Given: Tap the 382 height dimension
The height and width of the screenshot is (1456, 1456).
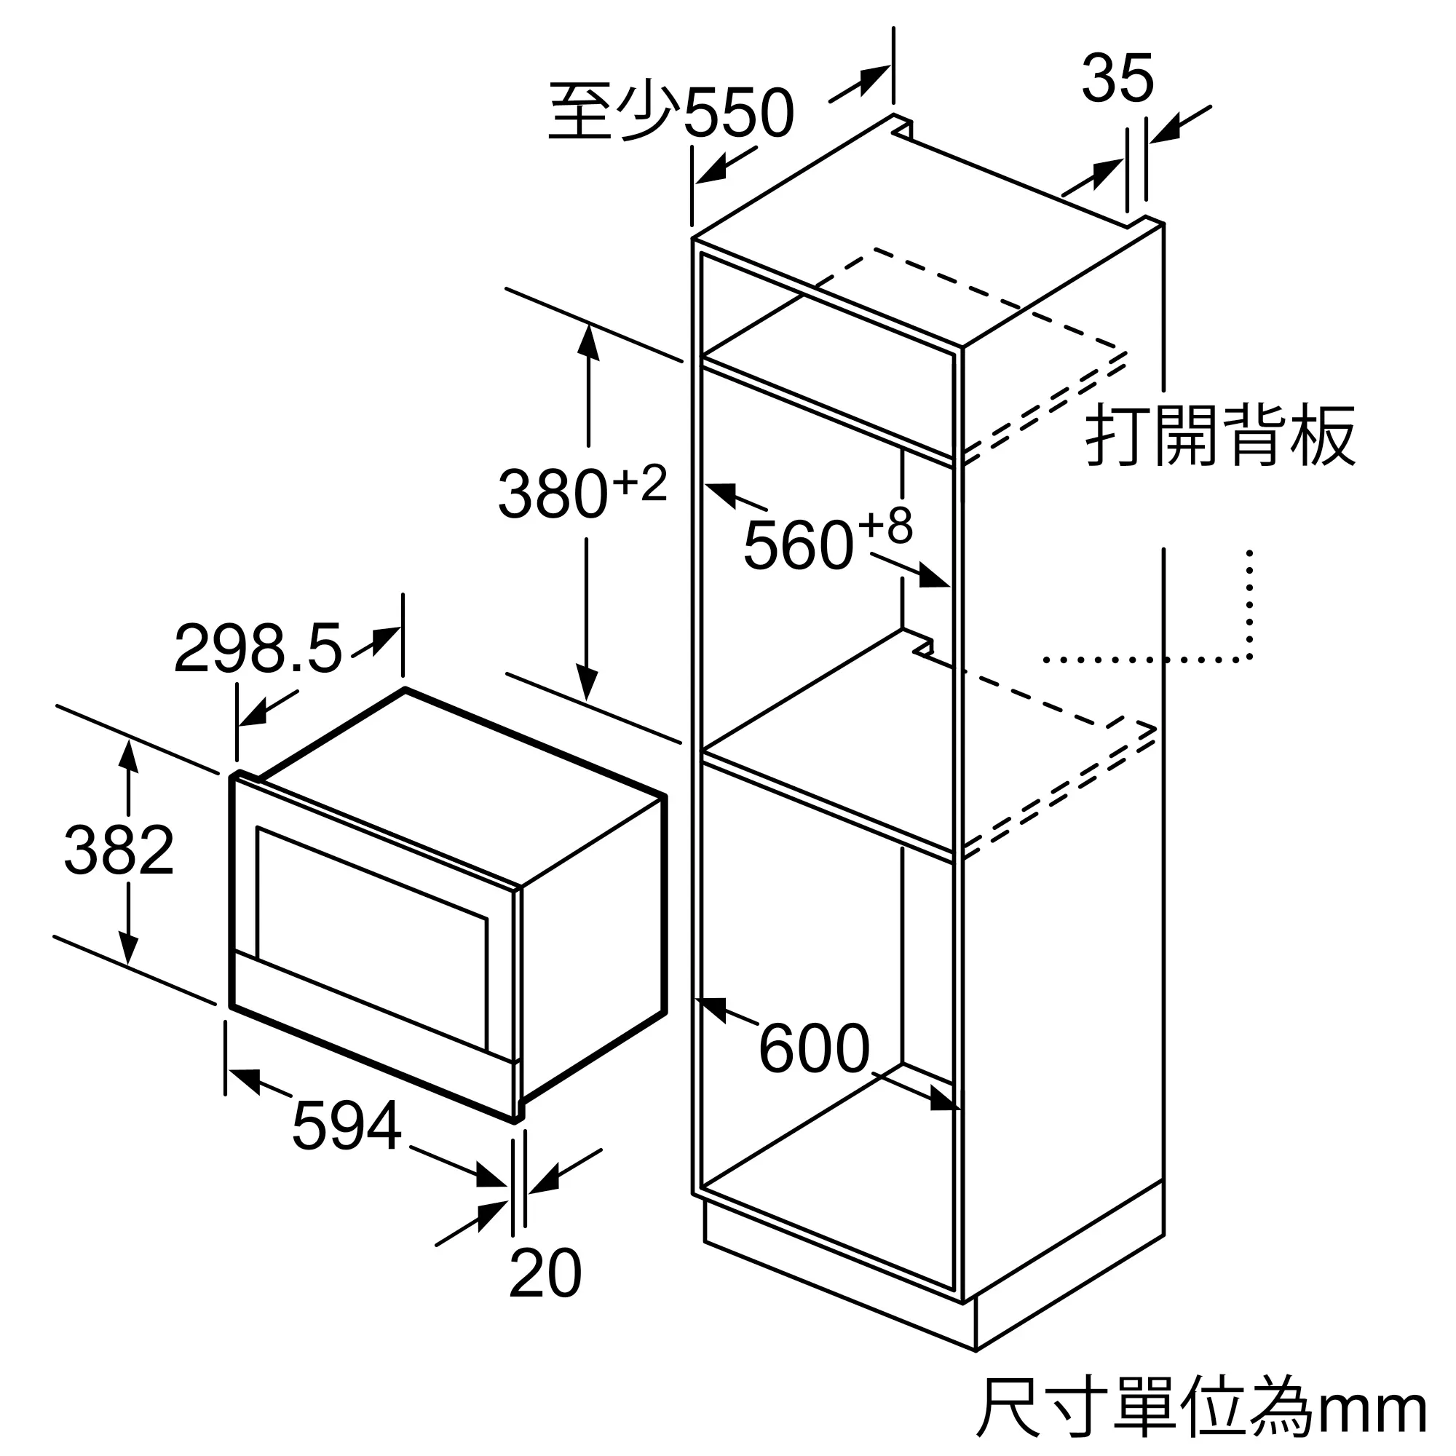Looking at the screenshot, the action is (x=119, y=850).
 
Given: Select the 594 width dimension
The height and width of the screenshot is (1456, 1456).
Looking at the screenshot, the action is (x=347, y=1126).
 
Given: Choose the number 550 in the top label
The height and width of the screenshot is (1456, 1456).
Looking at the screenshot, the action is (x=738, y=113).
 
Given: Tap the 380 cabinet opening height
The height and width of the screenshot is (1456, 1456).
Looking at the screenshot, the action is (x=553, y=494).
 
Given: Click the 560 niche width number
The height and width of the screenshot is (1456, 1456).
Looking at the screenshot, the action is (x=798, y=545).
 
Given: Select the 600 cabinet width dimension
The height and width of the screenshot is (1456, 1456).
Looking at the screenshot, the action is (x=814, y=1048).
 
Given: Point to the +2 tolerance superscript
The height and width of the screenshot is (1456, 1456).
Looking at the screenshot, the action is (x=640, y=483).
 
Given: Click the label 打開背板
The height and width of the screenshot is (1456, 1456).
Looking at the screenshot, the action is (x=1220, y=435).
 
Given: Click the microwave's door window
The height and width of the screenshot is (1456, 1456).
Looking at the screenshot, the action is (x=372, y=938).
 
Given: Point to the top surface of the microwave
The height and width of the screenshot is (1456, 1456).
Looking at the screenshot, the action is (x=462, y=786).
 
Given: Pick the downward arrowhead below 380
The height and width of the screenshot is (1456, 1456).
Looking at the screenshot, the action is (x=586, y=681).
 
